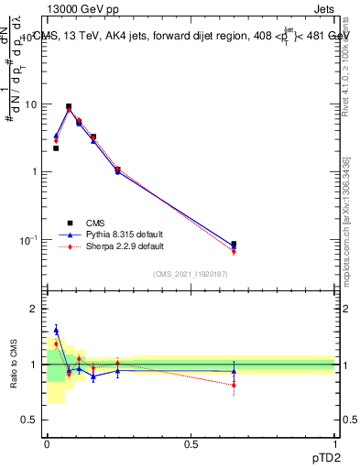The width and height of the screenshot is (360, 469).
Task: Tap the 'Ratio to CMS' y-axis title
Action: (14, 365)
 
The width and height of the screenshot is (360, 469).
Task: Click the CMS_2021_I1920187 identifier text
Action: (191, 273)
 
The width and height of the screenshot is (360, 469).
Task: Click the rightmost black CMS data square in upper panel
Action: (234, 245)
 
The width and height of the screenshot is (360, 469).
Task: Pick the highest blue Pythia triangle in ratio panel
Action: (56, 330)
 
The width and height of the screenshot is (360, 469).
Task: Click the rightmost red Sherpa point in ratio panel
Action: (234, 386)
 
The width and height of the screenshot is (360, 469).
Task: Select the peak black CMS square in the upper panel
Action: (69, 106)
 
